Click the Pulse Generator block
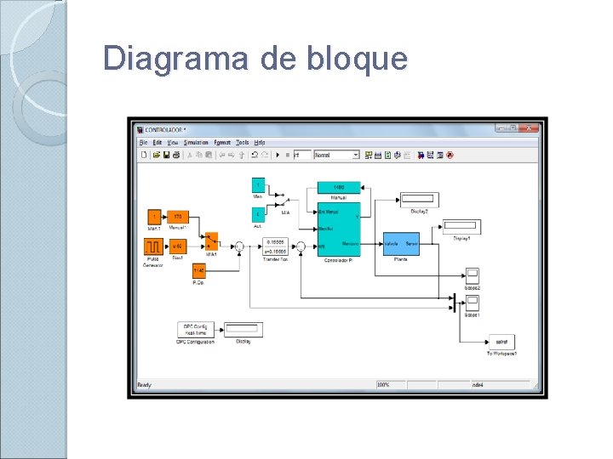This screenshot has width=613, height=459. click(153, 246)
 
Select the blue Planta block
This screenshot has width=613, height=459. click(399, 243)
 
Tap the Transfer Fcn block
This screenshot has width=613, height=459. click(277, 246)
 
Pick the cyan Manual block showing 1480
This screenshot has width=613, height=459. click(338, 187)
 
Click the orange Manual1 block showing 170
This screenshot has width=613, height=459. click(178, 217)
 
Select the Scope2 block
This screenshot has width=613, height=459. click(472, 275)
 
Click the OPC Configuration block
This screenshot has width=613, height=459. click(196, 329)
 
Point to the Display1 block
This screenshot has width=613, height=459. click(461, 227)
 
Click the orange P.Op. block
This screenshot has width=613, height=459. click(199, 270)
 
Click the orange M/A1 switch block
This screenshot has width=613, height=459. click(211, 241)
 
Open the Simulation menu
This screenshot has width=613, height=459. click(196, 143)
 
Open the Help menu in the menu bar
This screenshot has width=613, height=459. click(261, 143)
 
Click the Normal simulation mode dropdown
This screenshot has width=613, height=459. click(336, 156)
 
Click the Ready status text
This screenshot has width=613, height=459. click(145, 385)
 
